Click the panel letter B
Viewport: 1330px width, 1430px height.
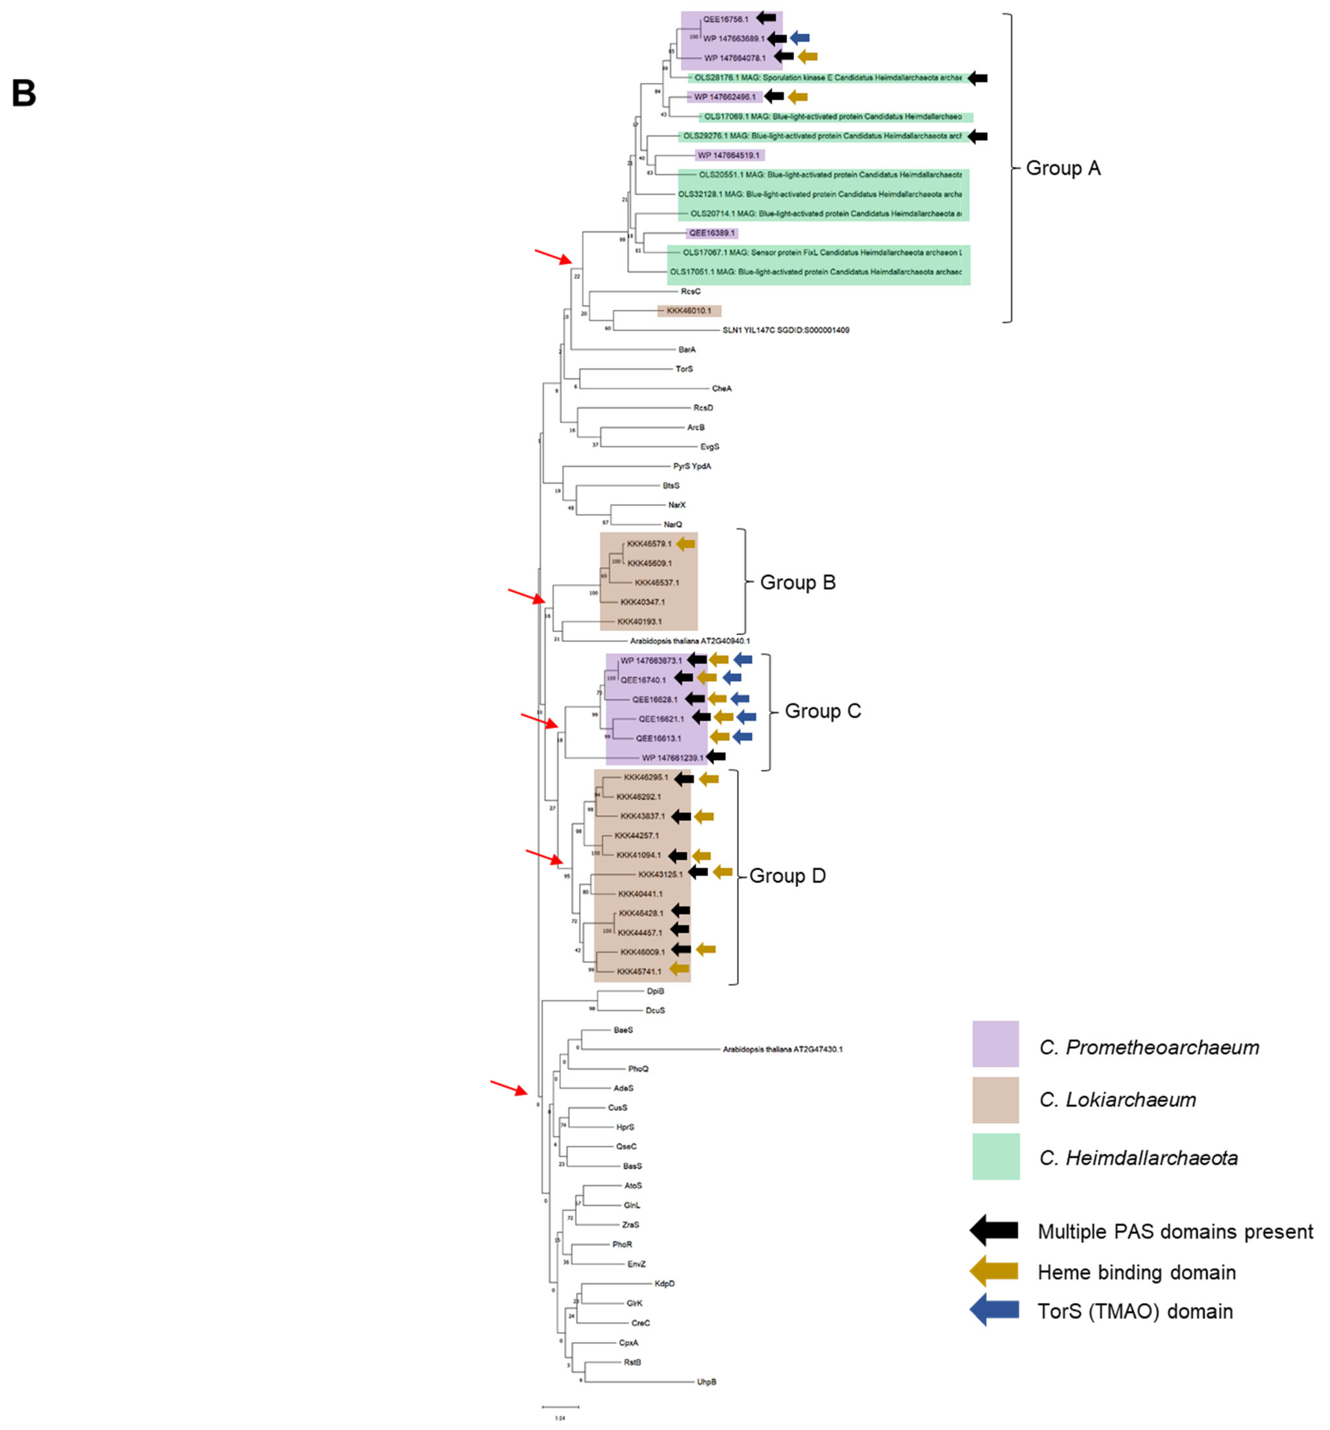point(24,93)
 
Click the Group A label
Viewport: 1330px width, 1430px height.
point(1063,168)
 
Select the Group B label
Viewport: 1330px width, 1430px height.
point(797,583)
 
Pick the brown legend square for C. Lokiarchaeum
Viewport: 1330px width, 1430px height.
point(995,1099)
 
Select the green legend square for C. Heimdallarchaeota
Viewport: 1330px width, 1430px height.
point(995,1156)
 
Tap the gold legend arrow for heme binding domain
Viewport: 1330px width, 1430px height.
point(993,1271)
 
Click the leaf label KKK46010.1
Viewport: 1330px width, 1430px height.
point(688,311)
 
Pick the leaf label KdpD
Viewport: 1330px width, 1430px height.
point(664,1283)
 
